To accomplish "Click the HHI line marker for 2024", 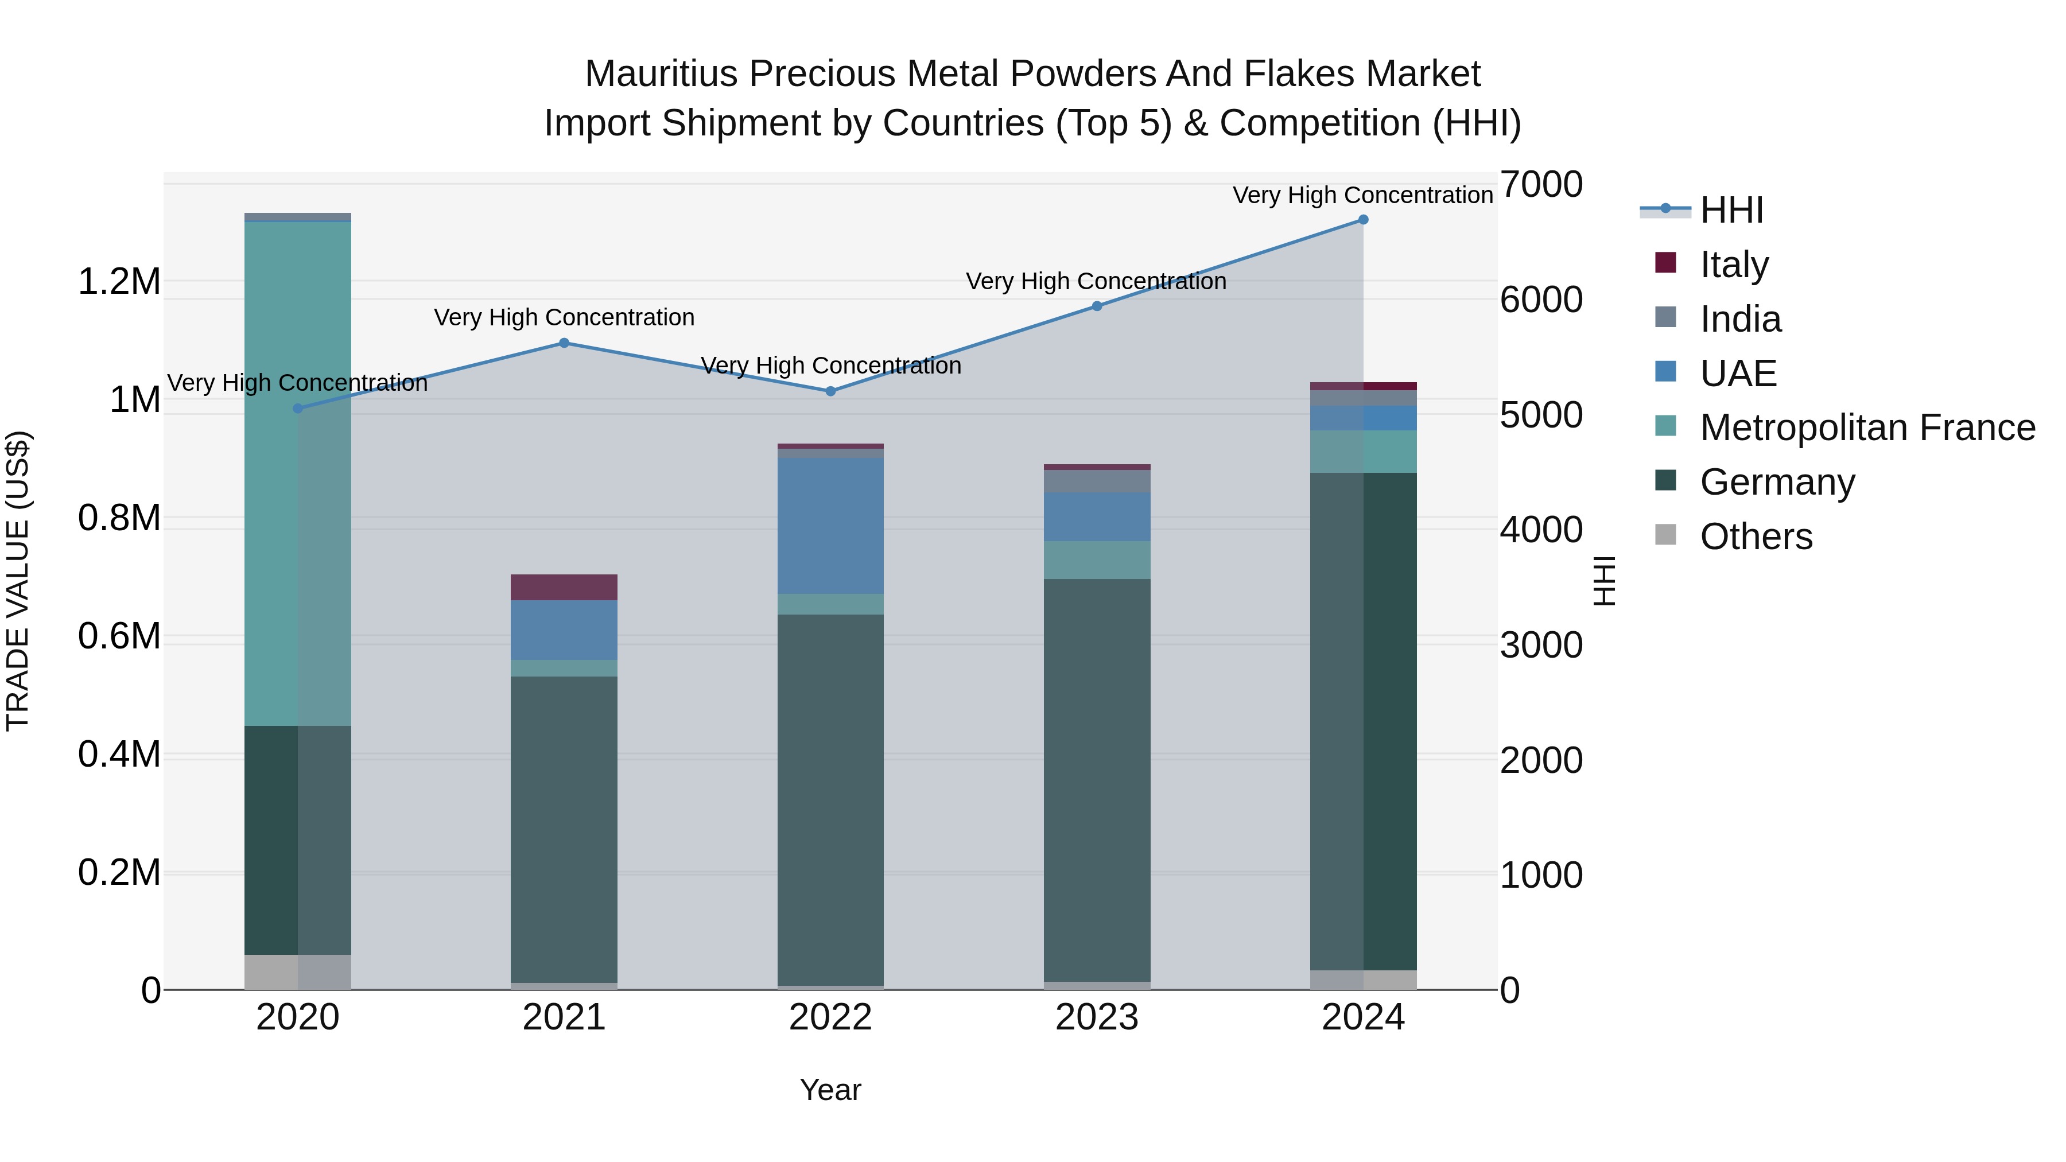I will pyautogui.click(x=1362, y=220).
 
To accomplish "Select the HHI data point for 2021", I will pyautogui.click(x=564, y=343).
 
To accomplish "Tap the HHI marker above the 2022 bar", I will pyautogui.click(x=830, y=391).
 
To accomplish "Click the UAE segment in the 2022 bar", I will pyautogui.click(x=830, y=525).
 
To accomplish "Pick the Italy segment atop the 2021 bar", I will pyautogui.click(x=564, y=587).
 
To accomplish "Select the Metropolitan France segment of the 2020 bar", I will pyautogui.click(x=297, y=473).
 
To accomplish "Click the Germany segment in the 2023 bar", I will pyautogui.click(x=1096, y=778).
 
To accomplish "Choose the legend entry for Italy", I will pyautogui.click(x=1733, y=265).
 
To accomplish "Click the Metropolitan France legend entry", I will pyautogui.click(x=1866, y=428).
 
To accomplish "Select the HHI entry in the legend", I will pyautogui.click(x=1731, y=210).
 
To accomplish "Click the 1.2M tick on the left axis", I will pyautogui.click(x=119, y=282).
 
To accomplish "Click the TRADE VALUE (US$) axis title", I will pyautogui.click(x=18, y=581).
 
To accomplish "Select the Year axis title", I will pyautogui.click(x=830, y=1090).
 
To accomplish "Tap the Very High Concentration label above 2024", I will pyautogui.click(x=1362, y=195).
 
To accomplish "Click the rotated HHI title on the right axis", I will pyautogui.click(x=1603, y=581).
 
